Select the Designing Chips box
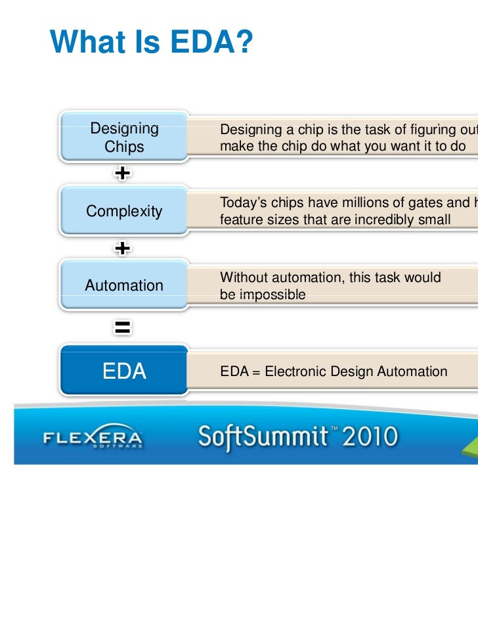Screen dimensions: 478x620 point(124,137)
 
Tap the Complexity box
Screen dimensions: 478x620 point(124,211)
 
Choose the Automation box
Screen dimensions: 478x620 point(124,285)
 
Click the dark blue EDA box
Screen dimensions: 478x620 point(124,371)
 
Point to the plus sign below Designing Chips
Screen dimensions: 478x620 point(122,174)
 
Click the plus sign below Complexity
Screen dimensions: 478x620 point(122,249)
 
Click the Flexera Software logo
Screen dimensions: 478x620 point(93,439)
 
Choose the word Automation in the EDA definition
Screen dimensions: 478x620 point(412,371)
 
